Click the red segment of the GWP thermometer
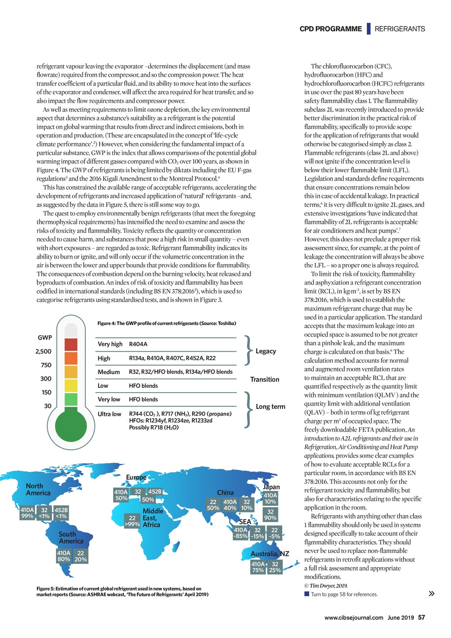[70, 345]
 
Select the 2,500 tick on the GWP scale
[43, 351]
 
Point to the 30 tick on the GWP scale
[48, 406]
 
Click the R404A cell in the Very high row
[138, 344]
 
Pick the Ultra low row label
[109, 414]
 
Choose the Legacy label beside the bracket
[266, 351]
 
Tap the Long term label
[270, 407]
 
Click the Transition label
[265, 379]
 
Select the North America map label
[38, 490]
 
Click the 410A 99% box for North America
[27, 513]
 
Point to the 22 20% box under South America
[81, 556]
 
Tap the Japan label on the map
[271, 487]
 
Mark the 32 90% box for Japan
[270, 515]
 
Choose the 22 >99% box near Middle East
[132, 521]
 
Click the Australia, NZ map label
[270, 554]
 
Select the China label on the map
[225, 493]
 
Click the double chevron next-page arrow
[432, 593]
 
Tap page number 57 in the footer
[421, 617]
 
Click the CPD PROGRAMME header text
[330, 29]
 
